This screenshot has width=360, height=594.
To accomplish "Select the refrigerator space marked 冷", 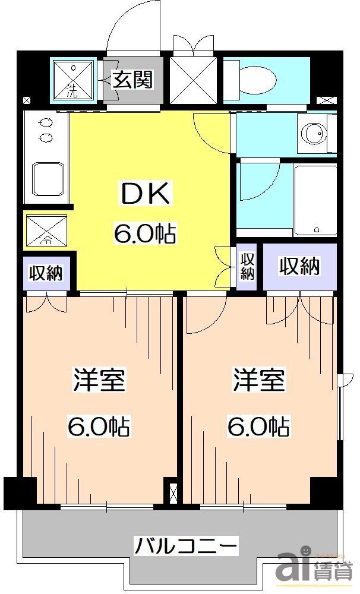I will click(x=46, y=230).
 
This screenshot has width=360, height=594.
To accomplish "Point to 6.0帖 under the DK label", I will click(x=145, y=235).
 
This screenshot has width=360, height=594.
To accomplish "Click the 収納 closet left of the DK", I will click(x=47, y=273).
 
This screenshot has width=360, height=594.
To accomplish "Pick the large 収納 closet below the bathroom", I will click(x=300, y=267).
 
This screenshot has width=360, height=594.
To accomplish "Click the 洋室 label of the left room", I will click(x=99, y=380).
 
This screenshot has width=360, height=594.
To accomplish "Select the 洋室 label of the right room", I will click(x=259, y=380).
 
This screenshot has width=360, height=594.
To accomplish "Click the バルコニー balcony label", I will click(x=185, y=544).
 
